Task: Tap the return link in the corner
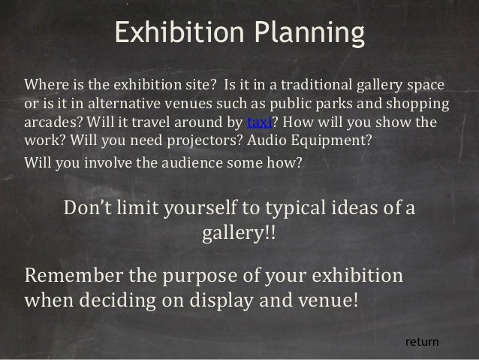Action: [x=421, y=343]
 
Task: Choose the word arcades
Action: [x=52, y=123]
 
